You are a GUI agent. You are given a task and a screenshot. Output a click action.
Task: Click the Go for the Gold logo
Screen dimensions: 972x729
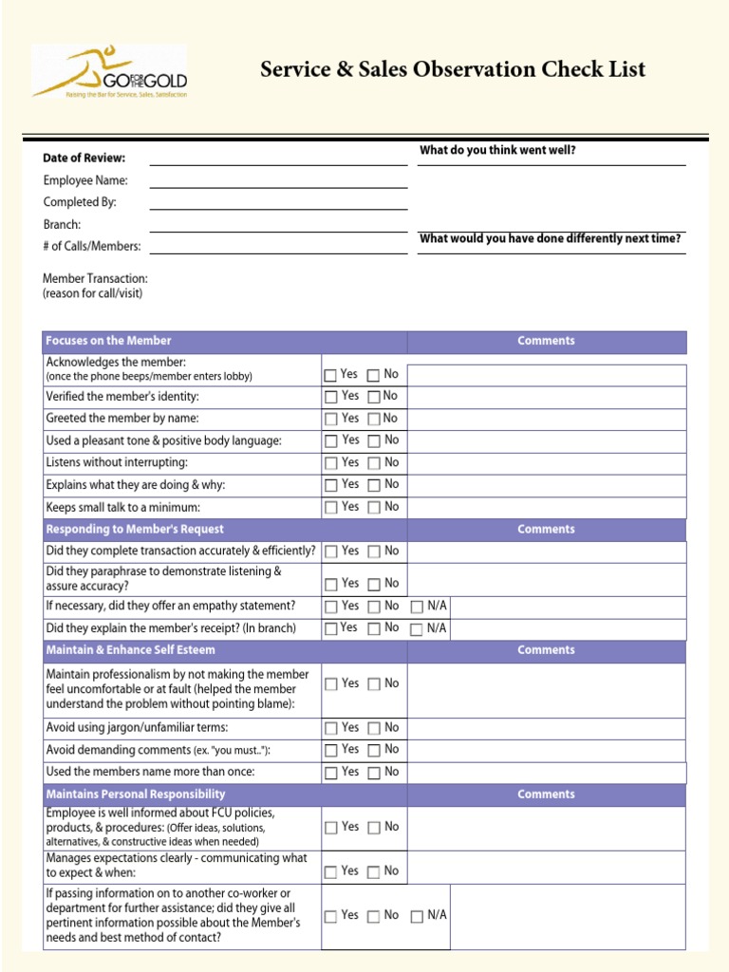(108, 71)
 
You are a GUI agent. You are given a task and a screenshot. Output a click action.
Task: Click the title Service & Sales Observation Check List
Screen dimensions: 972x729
(453, 69)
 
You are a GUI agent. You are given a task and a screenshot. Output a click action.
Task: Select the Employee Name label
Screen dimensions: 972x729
(85, 180)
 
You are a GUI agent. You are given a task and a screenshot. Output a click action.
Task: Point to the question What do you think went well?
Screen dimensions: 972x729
(497, 150)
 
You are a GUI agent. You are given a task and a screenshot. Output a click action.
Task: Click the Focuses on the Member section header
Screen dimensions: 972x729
(109, 341)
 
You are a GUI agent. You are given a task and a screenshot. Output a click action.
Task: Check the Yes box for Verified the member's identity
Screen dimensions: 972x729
(330, 397)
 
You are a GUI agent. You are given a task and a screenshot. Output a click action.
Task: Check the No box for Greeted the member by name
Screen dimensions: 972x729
(374, 420)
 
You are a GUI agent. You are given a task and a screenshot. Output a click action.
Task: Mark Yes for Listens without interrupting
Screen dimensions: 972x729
(330, 464)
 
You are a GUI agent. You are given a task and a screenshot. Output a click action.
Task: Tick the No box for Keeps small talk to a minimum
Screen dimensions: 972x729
(374, 508)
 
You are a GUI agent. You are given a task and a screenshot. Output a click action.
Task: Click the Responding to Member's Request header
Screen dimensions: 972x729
(135, 530)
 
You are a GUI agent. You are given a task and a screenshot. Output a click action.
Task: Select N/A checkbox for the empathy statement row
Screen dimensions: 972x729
(417, 607)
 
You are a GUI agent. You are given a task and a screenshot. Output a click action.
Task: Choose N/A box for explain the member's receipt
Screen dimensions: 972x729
(417, 629)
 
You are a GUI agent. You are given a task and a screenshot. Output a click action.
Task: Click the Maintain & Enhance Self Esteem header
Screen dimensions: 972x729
(131, 650)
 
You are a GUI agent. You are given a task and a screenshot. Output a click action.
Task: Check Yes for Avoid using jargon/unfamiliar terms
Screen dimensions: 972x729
(330, 729)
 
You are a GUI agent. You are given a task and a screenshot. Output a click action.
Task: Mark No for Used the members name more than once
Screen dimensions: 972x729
(374, 773)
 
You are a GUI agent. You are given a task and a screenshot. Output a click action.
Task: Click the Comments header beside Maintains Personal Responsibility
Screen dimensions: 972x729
(546, 794)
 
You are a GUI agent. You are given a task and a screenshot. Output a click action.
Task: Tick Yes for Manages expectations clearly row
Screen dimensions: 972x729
(330, 871)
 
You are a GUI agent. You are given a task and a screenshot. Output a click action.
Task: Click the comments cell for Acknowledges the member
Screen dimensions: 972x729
(547, 375)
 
